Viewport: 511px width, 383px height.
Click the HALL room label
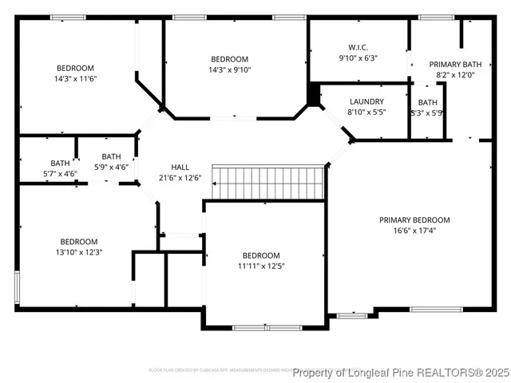180,167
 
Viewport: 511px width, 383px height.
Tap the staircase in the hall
269,183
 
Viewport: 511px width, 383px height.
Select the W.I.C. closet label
357,47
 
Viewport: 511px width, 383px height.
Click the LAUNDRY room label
366,102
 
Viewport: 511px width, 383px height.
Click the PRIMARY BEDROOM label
414,220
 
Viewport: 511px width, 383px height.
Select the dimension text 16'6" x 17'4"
414,231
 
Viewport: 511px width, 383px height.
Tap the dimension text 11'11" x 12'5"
261,266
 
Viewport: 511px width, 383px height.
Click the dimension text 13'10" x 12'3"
79,252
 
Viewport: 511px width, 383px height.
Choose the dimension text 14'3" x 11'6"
75,78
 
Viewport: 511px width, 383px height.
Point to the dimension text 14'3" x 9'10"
229,69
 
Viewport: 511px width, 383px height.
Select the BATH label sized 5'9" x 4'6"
111,156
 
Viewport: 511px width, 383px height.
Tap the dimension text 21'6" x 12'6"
180,177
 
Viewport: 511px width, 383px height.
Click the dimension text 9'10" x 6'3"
357,57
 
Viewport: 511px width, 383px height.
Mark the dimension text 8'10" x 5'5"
366,113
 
